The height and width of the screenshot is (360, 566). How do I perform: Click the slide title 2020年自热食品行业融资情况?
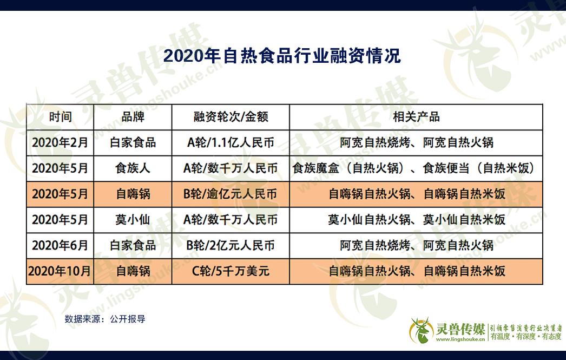(282, 56)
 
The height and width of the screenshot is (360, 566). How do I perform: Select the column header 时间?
(60, 117)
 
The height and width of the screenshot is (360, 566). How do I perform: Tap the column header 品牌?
(133, 117)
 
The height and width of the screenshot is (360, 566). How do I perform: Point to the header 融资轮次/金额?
(231, 117)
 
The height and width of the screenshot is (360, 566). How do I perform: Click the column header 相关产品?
(416, 117)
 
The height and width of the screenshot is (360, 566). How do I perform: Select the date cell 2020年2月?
(60, 142)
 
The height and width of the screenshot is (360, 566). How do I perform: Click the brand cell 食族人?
(133, 168)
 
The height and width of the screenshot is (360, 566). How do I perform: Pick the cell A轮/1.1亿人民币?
(231, 142)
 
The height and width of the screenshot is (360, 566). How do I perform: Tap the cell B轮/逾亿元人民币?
(231, 194)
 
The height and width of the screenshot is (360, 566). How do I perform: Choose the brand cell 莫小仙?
(133, 220)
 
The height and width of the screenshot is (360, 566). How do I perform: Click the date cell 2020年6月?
(60, 246)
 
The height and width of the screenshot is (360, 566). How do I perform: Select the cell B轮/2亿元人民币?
(231, 246)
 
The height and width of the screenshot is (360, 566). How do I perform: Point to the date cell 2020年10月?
(60, 271)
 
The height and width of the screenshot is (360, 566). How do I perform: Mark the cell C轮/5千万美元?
(231, 271)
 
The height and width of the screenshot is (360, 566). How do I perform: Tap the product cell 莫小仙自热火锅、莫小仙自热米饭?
(417, 220)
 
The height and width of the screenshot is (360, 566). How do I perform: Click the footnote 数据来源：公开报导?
(105, 319)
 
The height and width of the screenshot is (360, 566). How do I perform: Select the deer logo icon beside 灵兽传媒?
(421, 330)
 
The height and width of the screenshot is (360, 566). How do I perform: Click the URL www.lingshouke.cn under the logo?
(460, 339)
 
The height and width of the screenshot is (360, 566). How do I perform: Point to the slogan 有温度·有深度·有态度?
(526, 337)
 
